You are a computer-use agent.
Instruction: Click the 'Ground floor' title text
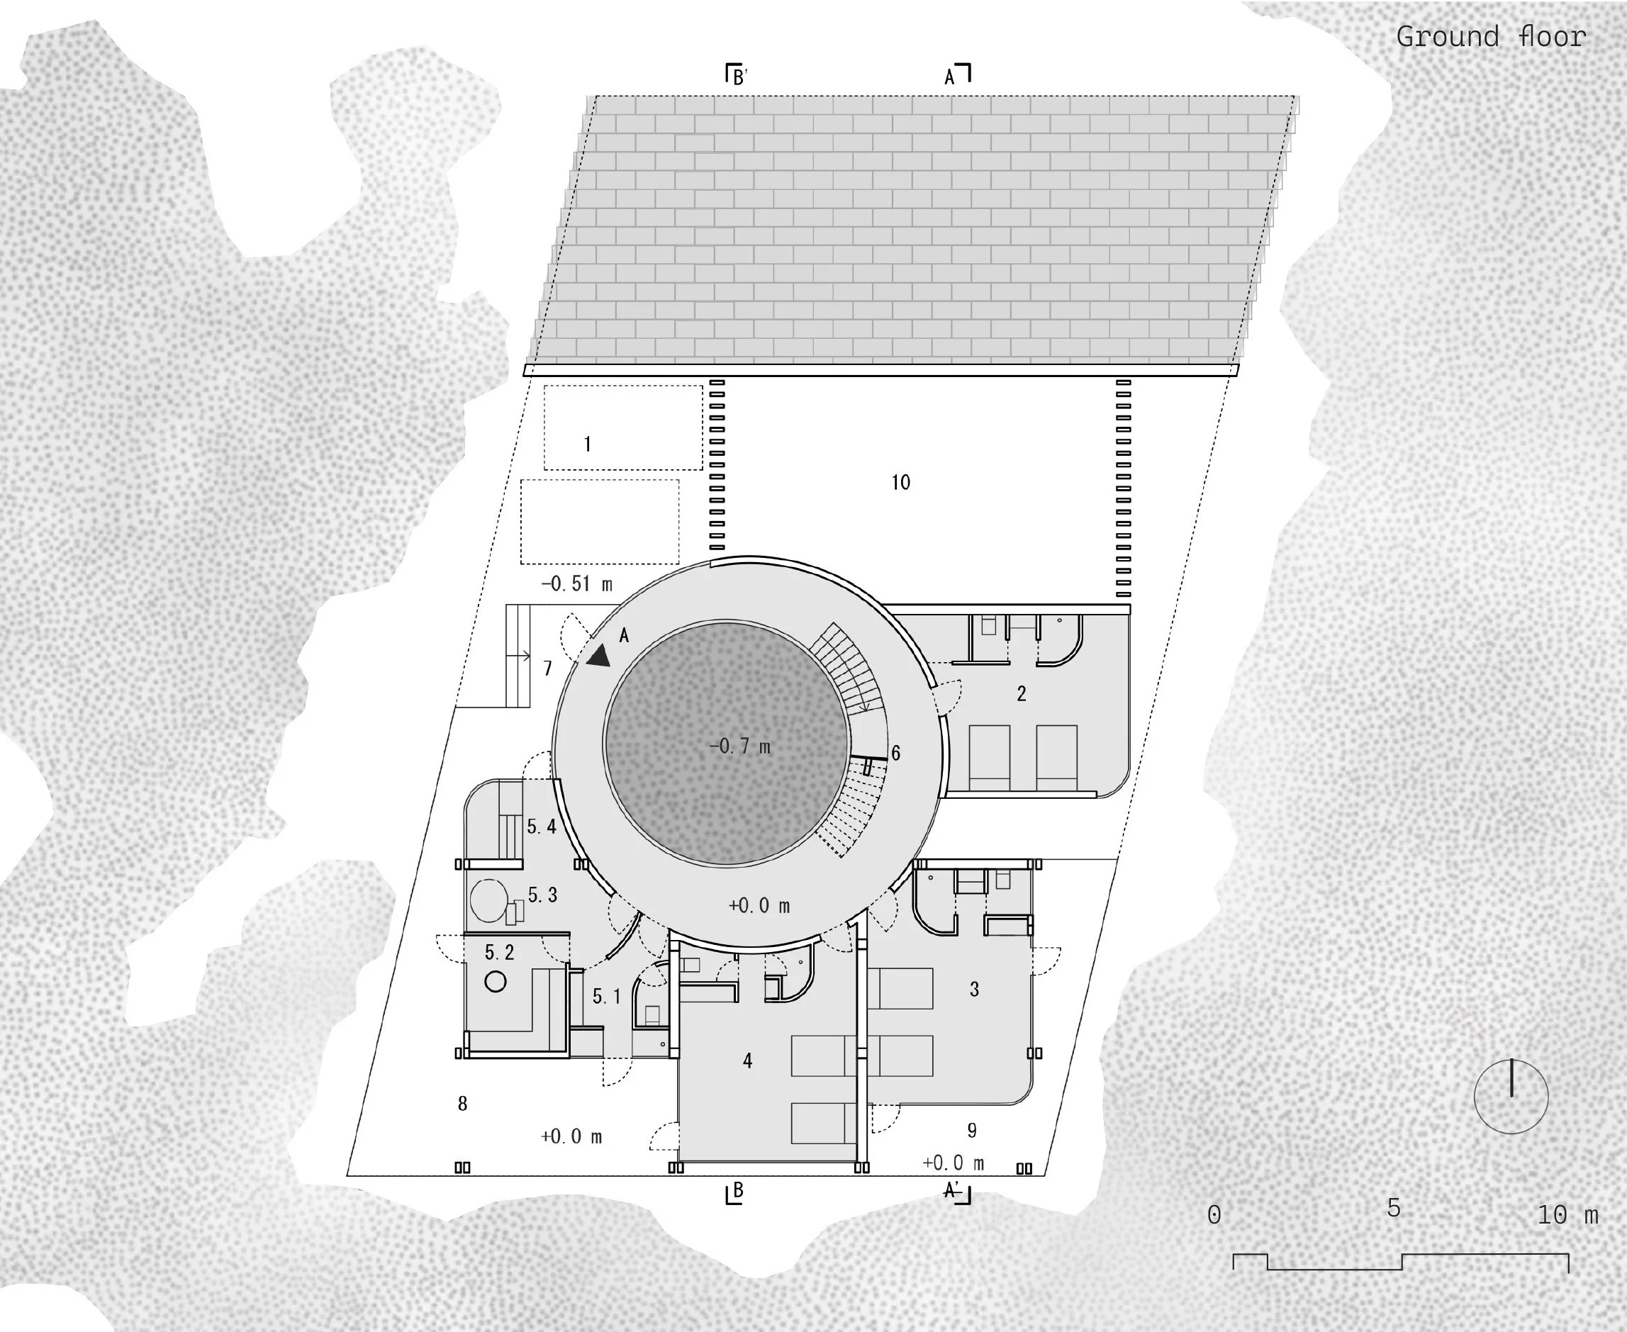tap(1490, 37)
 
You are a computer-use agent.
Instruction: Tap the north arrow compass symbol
tap(1511, 1097)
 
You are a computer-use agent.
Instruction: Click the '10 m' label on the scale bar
tap(1568, 1214)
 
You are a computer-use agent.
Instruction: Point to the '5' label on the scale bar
tap(1394, 1209)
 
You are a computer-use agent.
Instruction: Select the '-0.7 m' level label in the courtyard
tap(740, 746)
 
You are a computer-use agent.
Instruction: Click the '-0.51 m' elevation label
tap(577, 584)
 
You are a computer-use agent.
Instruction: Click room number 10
tap(900, 482)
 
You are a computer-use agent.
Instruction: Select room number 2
tap(1021, 693)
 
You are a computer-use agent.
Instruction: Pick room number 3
tap(974, 989)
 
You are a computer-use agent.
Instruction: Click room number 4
tap(747, 1060)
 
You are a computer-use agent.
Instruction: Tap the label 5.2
tap(500, 952)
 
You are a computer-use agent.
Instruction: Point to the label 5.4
tap(541, 827)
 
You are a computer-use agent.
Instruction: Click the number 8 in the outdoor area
tap(462, 1103)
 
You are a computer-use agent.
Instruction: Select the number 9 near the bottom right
tap(972, 1130)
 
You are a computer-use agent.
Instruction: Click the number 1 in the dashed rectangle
tap(587, 444)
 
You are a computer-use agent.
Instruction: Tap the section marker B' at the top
tap(737, 75)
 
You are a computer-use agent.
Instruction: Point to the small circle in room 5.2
tap(496, 981)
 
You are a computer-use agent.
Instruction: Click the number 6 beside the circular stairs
tap(895, 753)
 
